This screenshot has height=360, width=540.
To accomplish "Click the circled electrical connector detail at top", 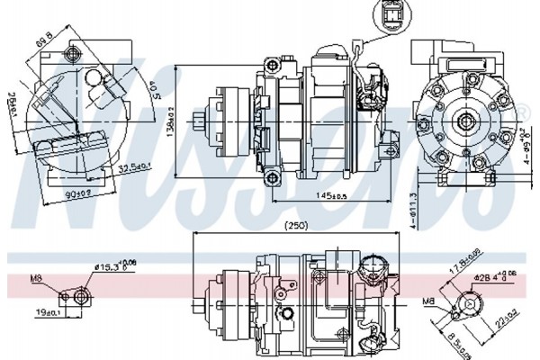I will [x=388, y=15].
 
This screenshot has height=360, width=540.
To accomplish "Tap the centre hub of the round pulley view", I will [x=465, y=119].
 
